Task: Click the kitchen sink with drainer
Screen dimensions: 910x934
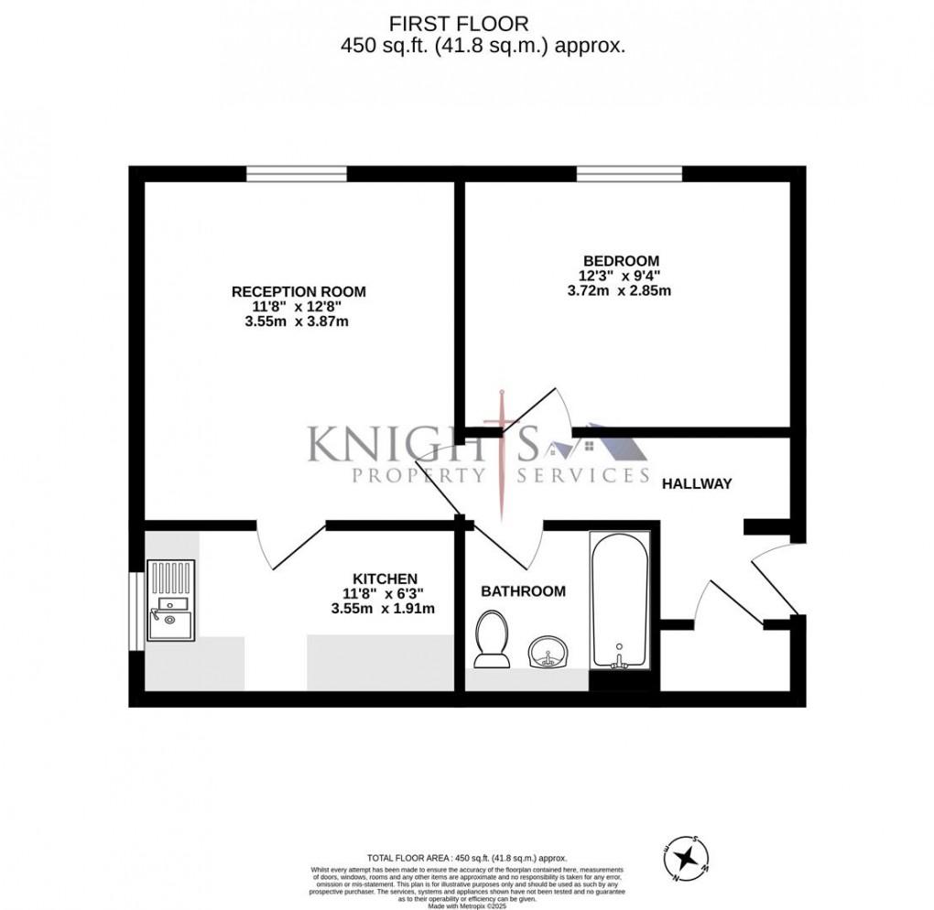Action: [171, 601]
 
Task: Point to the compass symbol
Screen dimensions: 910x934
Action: [685, 858]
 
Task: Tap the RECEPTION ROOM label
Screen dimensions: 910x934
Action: [299, 292]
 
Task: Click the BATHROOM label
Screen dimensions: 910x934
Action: [523, 591]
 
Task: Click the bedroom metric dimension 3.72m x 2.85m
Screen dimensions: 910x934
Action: [619, 291]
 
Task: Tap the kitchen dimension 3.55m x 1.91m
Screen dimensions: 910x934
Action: [383, 608]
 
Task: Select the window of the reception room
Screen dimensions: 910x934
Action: [297, 173]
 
